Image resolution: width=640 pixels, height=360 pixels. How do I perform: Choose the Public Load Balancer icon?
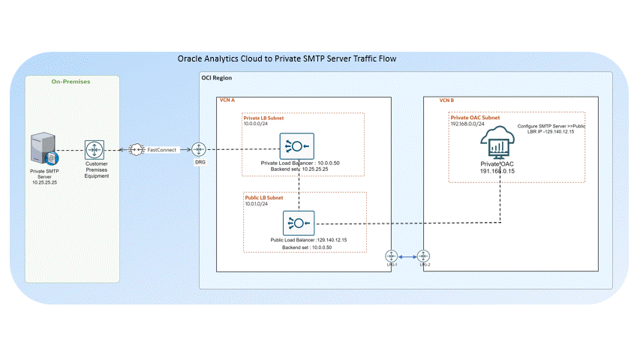click(299, 223)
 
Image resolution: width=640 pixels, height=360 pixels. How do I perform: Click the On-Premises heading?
click(71, 81)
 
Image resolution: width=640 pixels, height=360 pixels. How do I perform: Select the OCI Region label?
click(217, 78)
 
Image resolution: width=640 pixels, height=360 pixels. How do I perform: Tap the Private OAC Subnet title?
click(476, 117)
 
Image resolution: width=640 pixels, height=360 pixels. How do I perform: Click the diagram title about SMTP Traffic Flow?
click(286, 58)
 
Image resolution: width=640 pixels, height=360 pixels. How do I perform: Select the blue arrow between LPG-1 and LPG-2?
click(407, 254)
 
